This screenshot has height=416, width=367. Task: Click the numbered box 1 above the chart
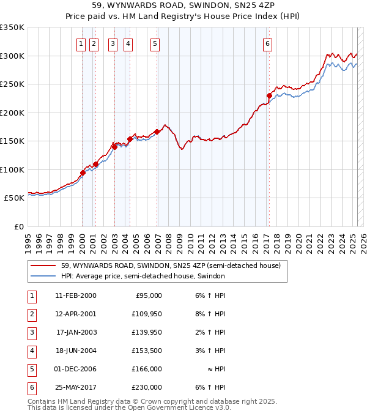(x=81, y=43)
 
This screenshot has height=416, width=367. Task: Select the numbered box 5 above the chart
(x=155, y=43)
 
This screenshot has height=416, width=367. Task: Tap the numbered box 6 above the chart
(x=268, y=43)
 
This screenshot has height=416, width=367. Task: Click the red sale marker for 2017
(x=269, y=95)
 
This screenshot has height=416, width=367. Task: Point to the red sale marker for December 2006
(x=157, y=132)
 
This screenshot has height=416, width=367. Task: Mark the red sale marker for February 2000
(x=83, y=173)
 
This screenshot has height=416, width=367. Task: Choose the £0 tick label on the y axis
(x=19, y=226)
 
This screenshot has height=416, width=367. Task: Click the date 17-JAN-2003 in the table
(x=76, y=332)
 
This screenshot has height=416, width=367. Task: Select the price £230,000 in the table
(x=147, y=387)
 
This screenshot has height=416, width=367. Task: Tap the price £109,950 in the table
(x=147, y=314)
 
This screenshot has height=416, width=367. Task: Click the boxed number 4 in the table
(x=31, y=351)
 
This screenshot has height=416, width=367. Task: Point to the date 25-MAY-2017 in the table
(x=76, y=387)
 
